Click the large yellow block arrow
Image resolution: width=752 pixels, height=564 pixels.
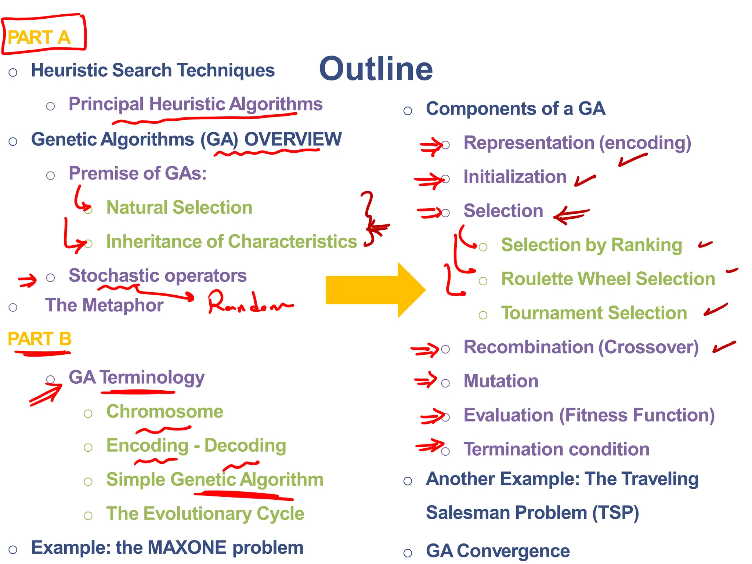[375, 290]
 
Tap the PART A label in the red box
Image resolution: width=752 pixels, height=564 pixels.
[39, 37]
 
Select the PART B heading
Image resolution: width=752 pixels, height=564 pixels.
[39, 339]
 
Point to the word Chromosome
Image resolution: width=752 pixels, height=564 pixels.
[164, 411]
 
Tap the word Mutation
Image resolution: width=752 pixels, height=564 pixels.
[501, 381]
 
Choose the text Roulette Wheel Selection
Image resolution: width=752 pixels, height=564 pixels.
[608, 279]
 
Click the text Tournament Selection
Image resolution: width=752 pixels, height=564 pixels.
[594, 313]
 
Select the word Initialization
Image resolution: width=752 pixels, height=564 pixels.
[515, 177]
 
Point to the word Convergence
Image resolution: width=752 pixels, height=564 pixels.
[513, 551]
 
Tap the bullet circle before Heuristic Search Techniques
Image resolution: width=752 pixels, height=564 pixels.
[13, 72]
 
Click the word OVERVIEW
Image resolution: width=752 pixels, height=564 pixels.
[293, 139]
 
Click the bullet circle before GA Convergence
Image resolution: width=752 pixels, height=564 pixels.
[408, 553]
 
